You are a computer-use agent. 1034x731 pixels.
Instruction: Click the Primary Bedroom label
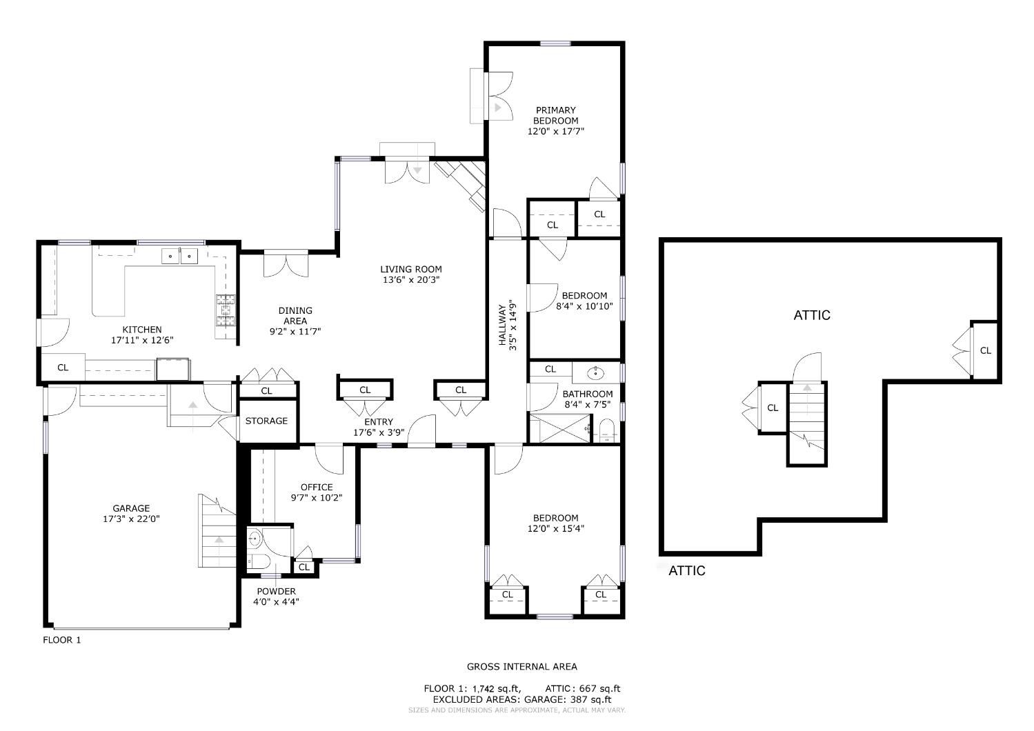click(x=555, y=115)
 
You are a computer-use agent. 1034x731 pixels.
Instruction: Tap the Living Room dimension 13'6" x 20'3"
click(x=411, y=280)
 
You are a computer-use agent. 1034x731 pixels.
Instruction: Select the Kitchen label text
click(x=142, y=330)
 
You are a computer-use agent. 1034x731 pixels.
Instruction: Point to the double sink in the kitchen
click(x=181, y=256)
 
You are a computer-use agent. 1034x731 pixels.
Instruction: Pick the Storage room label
click(x=266, y=421)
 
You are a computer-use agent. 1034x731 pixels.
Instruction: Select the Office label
click(x=317, y=487)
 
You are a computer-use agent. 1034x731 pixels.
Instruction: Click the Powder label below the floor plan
click(x=276, y=591)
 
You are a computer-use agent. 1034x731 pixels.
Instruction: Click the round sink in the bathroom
click(x=596, y=373)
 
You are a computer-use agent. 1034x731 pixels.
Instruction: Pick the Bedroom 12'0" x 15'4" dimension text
click(x=555, y=529)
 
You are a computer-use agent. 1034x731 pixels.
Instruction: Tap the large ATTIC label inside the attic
click(x=812, y=315)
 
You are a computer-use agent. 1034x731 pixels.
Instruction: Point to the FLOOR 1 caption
click(x=62, y=640)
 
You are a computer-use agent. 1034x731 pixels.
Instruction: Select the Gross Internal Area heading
click(x=522, y=666)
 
